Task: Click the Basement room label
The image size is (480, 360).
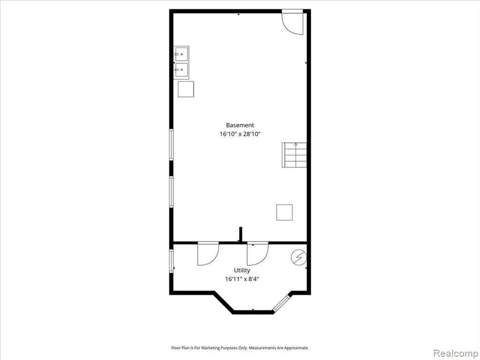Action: click(x=240, y=125)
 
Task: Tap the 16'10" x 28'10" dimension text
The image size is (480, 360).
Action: click(x=240, y=134)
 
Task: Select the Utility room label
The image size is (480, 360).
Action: click(x=242, y=270)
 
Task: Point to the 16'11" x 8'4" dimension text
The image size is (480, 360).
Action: click(x=242, y=279)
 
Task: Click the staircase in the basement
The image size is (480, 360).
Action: click(x=294, y=155)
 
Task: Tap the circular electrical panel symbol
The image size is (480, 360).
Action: click(x=299, y=257)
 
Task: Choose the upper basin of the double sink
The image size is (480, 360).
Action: click(x=181, y=54)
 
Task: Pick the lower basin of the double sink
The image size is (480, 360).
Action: click(x=181, y=70)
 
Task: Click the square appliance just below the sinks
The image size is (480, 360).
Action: click(x=186, y=89)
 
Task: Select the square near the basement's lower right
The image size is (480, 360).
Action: click(x=285, y=212)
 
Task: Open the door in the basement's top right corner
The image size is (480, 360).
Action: click(x=292, y=22)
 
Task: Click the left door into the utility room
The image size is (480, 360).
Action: click(x=208, y=254)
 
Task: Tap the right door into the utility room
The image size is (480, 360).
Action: click(x=258, y=254)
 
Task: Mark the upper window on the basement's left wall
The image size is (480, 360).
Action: click(x=172, y=144)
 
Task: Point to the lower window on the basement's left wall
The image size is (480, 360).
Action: click(x=172, y=192)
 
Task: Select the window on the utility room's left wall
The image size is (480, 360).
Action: click(x=172, y=261)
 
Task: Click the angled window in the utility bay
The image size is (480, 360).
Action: click(x=281, y=303)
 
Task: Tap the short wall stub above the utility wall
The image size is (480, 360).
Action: click(x=240, y=234)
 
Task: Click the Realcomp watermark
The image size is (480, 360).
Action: click(x=455, y=353)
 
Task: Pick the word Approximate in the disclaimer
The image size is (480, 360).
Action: click(x=296, y=348)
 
